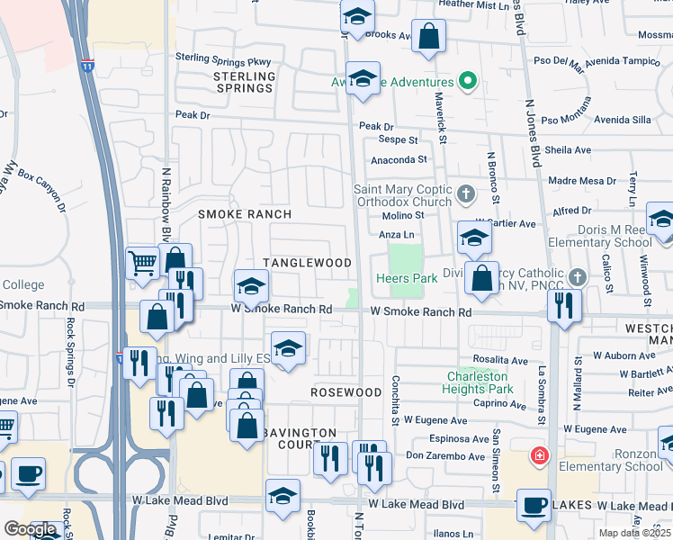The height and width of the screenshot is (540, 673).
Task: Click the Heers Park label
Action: click(x=407, y=279)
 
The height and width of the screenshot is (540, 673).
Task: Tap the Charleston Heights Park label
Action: click(x=477, y=382)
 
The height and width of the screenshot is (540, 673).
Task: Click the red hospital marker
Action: click(x=539, y=455)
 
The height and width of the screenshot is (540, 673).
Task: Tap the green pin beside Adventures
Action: click(x=467, y=83)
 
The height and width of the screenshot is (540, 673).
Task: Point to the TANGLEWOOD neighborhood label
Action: click(x=307, y=263)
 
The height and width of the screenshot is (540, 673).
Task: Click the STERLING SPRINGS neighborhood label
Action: click(x=243, y=83)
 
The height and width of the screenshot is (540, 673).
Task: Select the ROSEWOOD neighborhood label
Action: click(x=346, y=393)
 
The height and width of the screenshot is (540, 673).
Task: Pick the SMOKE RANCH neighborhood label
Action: click(x=245, y=214)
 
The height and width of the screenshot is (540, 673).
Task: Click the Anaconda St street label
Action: click(x=399, y=159)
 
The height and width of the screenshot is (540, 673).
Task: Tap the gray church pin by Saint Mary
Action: click(x=465, y=193)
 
